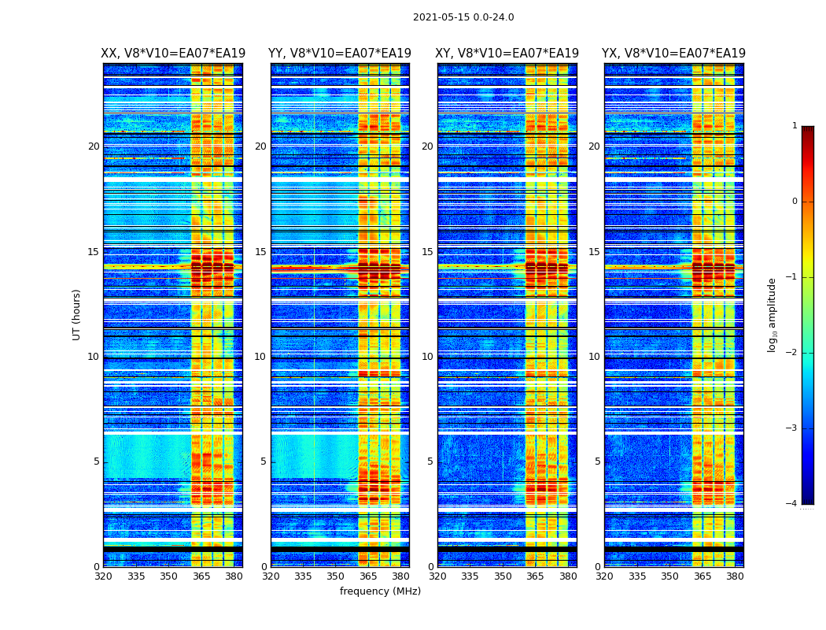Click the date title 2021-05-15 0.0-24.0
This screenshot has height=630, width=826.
point(463,17)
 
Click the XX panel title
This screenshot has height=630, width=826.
point(173,54)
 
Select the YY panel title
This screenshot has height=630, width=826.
point(340,54)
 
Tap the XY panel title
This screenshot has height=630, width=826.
point(507,54)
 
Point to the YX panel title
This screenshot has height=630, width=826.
point(674,54)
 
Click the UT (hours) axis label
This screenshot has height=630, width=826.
point(77,314)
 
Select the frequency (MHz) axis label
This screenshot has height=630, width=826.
point(380,591)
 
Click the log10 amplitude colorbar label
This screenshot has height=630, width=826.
point(773,314)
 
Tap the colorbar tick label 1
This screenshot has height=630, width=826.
point(794,126)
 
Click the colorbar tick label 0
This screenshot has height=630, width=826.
point(794,202)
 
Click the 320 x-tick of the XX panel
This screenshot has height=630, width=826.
point(103,576)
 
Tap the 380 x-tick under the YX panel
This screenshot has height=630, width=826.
point(735,576)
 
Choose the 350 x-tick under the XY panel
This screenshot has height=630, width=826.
point(503,576)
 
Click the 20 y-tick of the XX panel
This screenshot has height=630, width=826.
point(94,146)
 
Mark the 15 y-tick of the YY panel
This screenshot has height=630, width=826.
point(260,252)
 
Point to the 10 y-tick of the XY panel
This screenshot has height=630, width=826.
point(427,357)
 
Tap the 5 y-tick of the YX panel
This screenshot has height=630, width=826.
point(597,461)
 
